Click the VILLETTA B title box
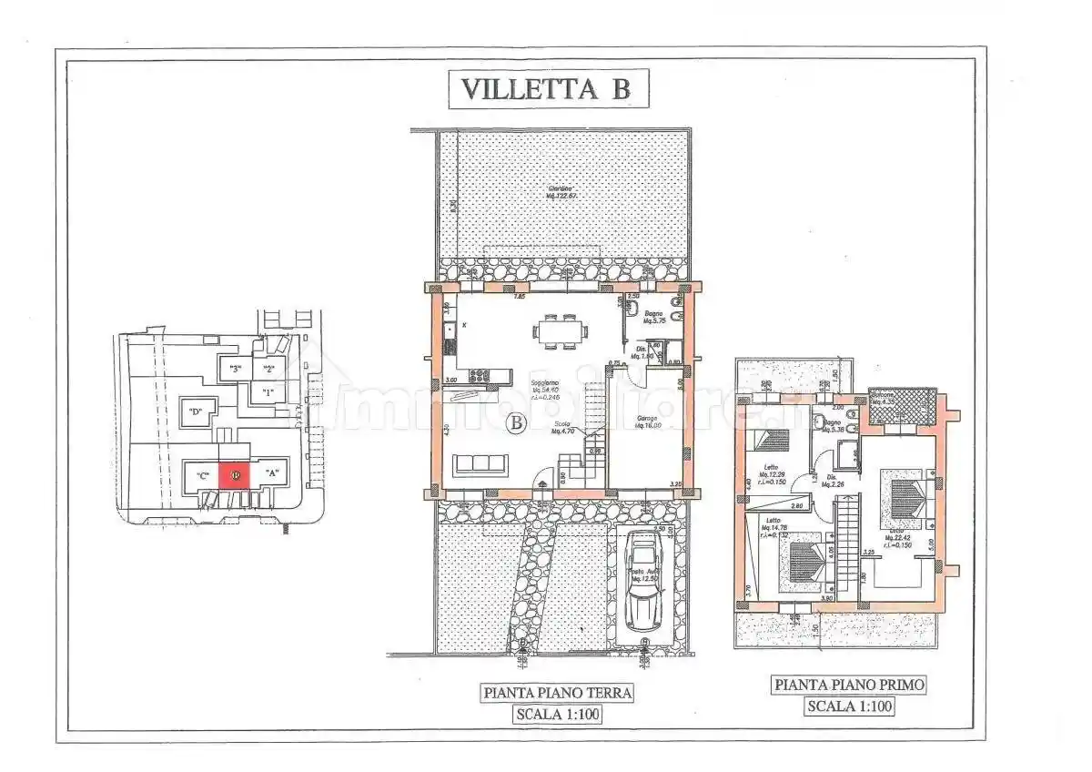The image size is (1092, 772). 545,88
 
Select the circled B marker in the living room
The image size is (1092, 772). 516,422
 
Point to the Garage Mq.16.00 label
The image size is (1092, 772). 649,422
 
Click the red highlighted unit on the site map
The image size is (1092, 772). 234,474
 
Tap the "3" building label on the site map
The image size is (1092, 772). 235,369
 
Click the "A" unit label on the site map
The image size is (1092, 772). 271,473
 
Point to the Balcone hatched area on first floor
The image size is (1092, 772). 902,405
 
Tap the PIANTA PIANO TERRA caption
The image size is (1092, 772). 558,693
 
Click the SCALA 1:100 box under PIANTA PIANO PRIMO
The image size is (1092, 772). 849,706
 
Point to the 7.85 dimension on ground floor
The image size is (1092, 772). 520,297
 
